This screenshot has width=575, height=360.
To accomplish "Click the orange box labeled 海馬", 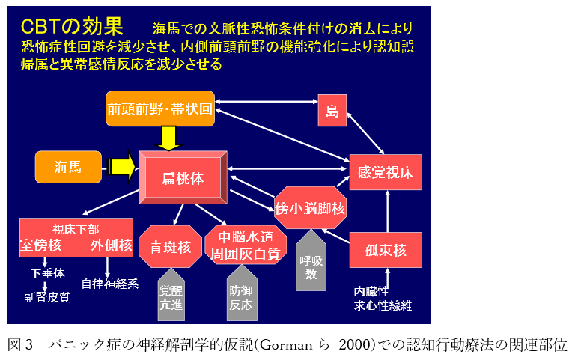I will pos(68,167).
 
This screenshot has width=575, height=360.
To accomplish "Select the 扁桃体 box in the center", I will pos(183,178).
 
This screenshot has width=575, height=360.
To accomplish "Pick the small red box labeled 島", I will pos(332,111).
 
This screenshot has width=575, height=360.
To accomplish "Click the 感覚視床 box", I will pos(386,172).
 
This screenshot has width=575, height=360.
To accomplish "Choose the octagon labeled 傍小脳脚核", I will pos(310,207).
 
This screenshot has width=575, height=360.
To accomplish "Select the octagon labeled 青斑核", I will pos(171,246).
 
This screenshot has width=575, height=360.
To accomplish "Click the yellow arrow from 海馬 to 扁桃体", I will pos(121,166).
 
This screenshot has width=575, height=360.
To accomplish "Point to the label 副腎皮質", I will pos(46,297).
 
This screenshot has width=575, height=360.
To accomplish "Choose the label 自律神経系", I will pos(110,284).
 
